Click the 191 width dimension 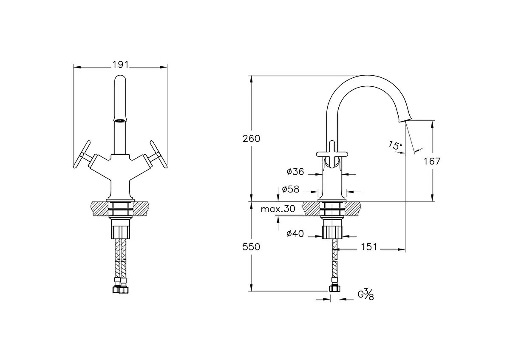(x=121, y=65)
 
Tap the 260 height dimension (x=251, y=139)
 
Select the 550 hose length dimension (x=251, y=247)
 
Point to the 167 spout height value (x=432, y=162)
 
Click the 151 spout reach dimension (x=368, y=247)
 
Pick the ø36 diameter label (x=295, y=172)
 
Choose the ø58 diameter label (x=291, y=189)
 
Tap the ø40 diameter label (x=295, y=234)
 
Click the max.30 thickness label (x=278, y=209)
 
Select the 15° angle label (x=395, y=145)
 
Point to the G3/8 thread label (x=365, y=295)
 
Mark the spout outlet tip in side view (x=405, y=121)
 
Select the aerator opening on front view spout (x=120, y=120)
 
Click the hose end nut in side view (x=334, y=289)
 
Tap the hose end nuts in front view (x=120, y=290)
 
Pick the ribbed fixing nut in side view (x=332, y=232)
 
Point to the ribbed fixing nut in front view (x=120, y=232)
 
